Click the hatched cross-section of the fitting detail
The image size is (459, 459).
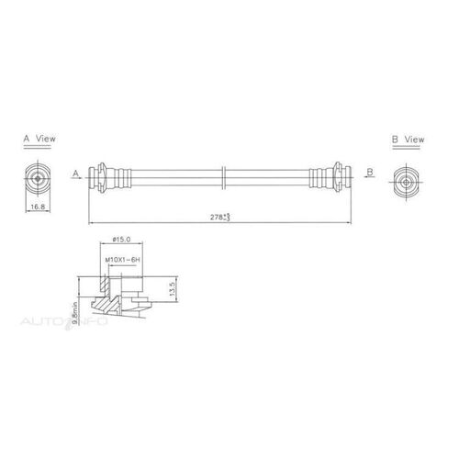pos(110,298)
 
